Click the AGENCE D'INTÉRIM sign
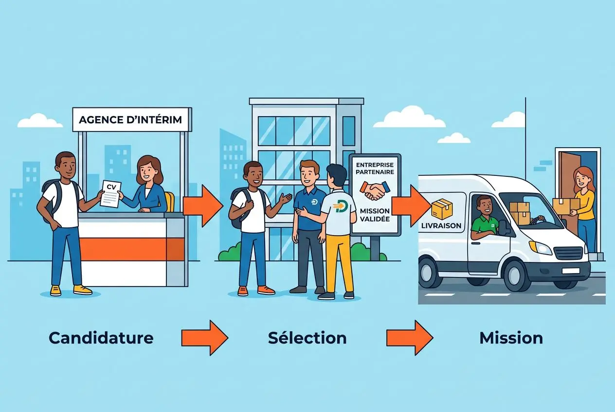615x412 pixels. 132,120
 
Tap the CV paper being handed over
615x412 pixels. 110,193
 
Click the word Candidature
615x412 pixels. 101,338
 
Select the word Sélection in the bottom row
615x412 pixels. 307,338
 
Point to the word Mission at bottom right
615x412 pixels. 511,338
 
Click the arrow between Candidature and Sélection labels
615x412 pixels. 205,338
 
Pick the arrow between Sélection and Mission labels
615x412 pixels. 410,338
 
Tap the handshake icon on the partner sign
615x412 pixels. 375,190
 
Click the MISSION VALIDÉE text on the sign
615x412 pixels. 375,215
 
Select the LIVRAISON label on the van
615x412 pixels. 441,226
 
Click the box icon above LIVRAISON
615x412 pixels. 442,209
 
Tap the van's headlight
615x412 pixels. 540,247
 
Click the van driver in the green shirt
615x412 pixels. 485,220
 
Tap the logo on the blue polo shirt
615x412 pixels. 314,202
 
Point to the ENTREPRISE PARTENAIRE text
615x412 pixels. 375,168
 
